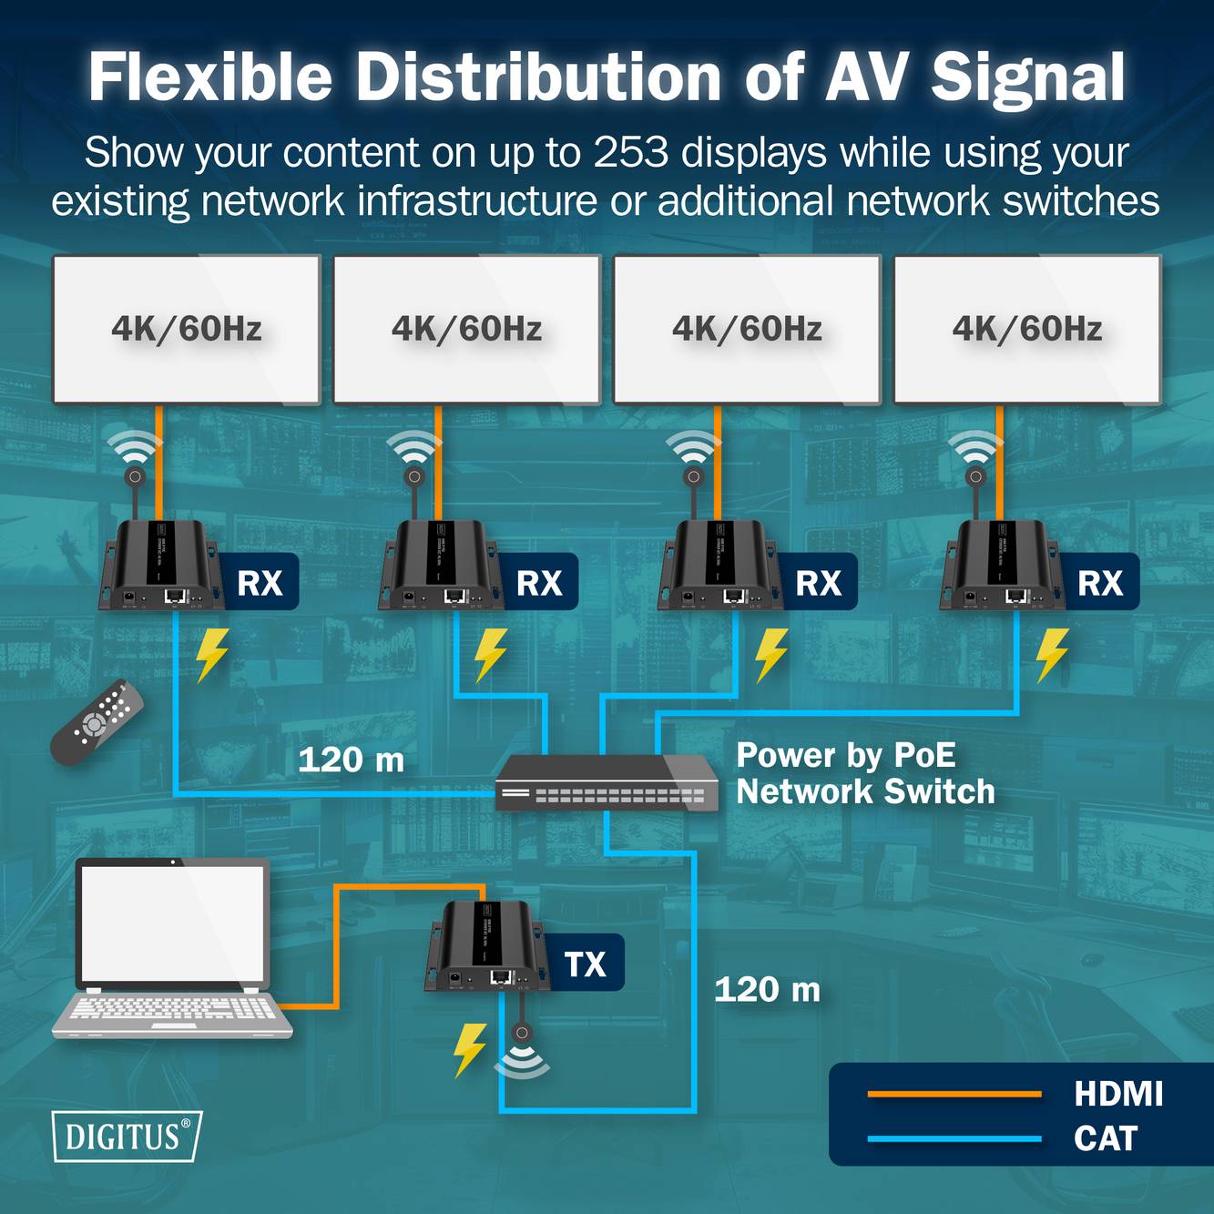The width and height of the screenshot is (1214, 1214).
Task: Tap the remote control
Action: (x=97, y=722)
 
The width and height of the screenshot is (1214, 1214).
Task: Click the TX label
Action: (x=585, y=964)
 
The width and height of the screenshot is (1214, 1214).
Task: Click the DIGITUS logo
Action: (x=127, y=1136)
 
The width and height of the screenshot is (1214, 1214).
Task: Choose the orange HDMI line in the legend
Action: (x=954, y=1094)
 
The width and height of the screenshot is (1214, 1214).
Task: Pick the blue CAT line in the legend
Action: (x=954, y=1138)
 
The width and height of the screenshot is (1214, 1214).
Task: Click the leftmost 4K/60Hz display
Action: (x=187, y=329)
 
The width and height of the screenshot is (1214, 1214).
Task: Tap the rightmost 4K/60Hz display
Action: (x=1027, y=329)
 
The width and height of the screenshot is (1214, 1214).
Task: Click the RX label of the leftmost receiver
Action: (x=260, y=583)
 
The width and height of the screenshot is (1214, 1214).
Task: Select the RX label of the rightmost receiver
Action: (x=1100, y=583)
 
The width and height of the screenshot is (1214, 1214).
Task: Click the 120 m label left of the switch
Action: (x=351, y=760)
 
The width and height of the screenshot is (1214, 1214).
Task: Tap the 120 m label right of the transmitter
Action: (x=767, y=989)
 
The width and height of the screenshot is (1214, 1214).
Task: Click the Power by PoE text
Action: (x=846, y=755)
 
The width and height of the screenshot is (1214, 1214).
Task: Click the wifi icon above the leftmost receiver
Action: (x=134, y=447)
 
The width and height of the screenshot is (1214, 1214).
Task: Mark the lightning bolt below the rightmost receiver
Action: (x=1052, y=654)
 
